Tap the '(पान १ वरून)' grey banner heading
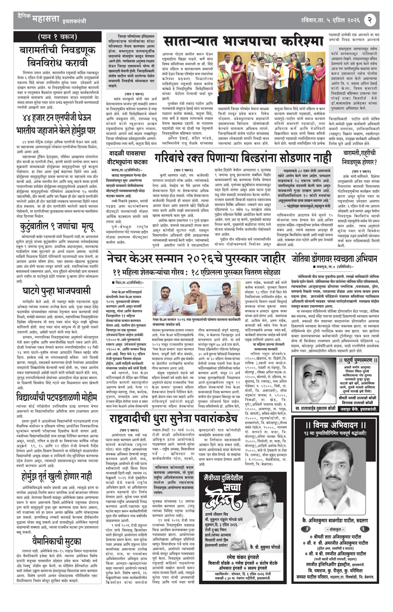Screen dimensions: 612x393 [x=57, y=37]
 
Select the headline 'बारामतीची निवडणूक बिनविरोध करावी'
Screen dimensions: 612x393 [x=57, y=57]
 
